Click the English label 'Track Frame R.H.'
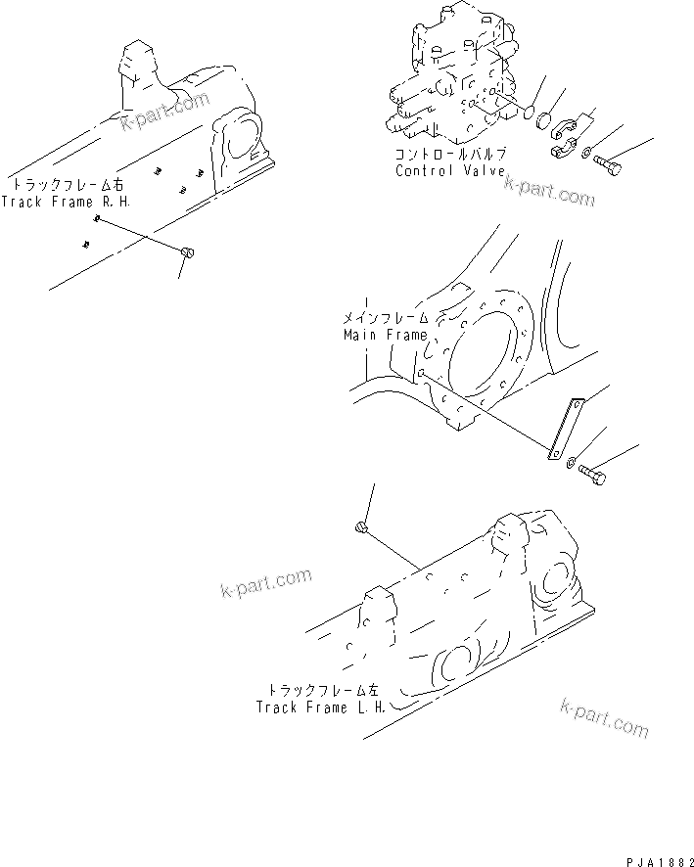(65, 202)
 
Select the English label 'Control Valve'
(449, 170)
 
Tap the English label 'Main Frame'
(386, 335)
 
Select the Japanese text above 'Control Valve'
(449, 155)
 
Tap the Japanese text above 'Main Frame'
(386, 319)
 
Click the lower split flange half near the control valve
(562, 149)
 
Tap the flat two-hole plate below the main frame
(565, 427)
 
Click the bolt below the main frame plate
(592, 476)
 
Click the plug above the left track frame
(360, 529)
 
